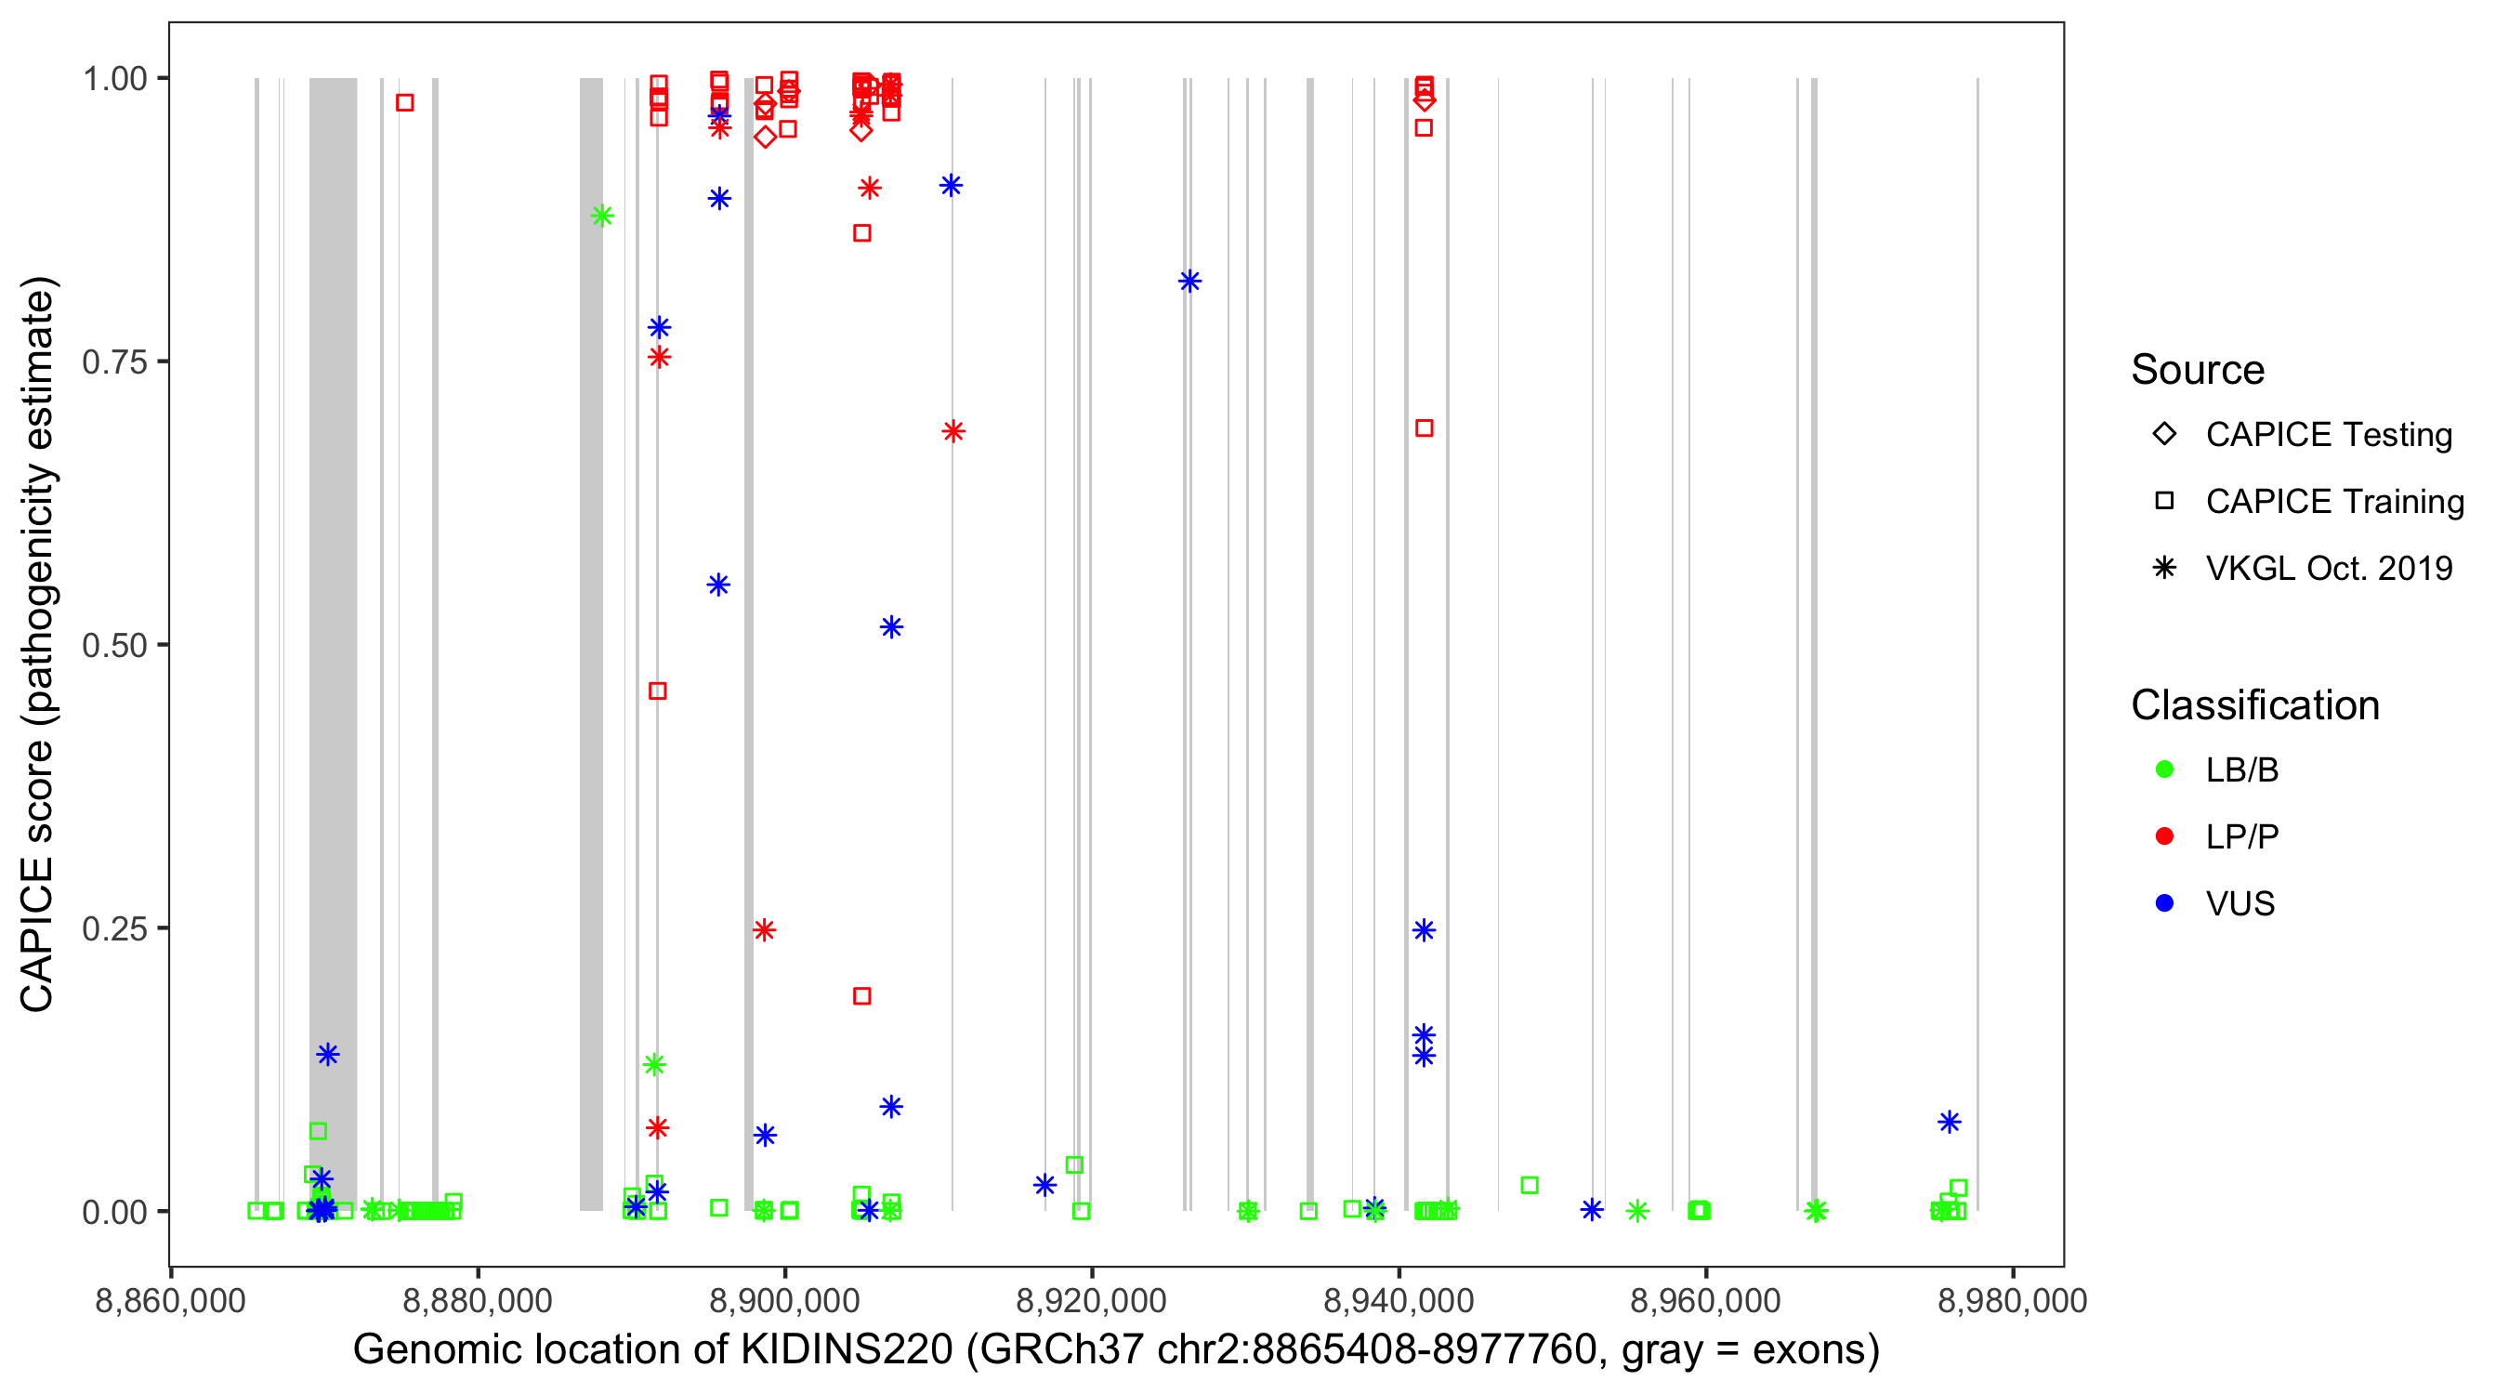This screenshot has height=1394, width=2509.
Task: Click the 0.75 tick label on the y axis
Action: (x=113, y=362)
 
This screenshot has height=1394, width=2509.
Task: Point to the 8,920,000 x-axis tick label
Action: (x=1091, y=1300)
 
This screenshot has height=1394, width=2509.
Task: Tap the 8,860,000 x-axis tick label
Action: (x=170, y=1300)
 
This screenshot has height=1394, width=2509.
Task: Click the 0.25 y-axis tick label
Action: (x=113, y=929)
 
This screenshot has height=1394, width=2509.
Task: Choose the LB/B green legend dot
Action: (x=2165, y=769)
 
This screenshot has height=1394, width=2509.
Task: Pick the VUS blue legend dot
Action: (x=2165, y=903)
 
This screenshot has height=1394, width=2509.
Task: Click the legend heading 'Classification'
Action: (x=2254, y=704)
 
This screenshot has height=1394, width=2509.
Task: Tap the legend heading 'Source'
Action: (x=2198, y=370)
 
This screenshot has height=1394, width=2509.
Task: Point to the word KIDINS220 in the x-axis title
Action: (x=847, y=1350)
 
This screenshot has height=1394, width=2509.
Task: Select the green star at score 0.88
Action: (x=603, y=217)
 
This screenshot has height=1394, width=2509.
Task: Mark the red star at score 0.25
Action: (x=765, y=930)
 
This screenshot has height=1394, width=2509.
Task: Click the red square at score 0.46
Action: (x=657, y=691)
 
